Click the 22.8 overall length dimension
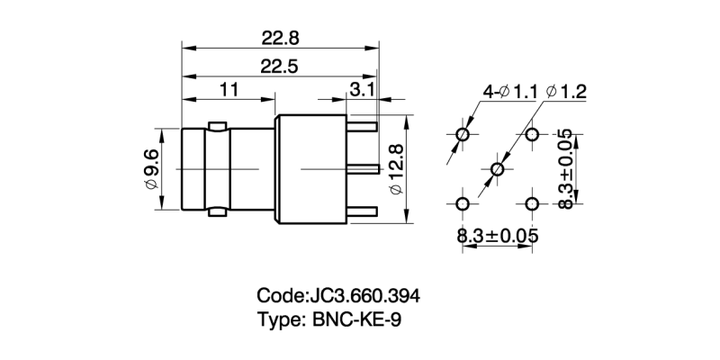pyautogui.click(x=280, y=38)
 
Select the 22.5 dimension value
pyautogui.click(x=280, y=67)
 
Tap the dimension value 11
pyautogui.click(x=228, y=89)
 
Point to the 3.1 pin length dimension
pyautogui.click(x=362, y=89)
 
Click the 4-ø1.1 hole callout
pyautogui.click(x=509, y=91)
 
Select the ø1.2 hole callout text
pyautogui.click(x=566, y=91)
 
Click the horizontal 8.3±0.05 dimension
pyautogui.click(x=497, y=236)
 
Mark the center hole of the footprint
pyautogui.click(x=498, y=169)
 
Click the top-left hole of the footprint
pyautogui.click(x=463, y=135)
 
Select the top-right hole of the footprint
pyautogui.click(x=532, y=135)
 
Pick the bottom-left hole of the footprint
pyautogui.click(x=463, y=204)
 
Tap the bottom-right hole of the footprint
pyautogui.click(x=532, y=204)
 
